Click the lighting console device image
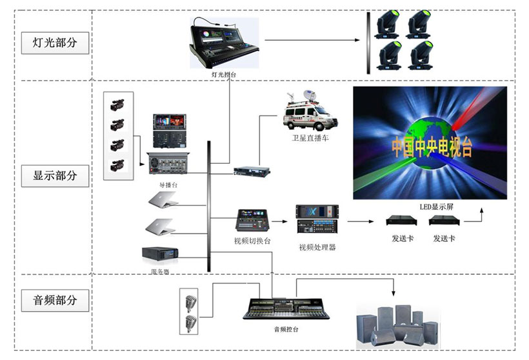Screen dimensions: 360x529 click(x=223, y=42)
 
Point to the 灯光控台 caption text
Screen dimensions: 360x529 click(x=224, y=75)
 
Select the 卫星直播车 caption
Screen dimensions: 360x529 click(x=310, y=138)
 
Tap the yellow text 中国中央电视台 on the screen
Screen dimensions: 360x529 click(x=431, y=147)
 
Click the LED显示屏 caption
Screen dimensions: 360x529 click(x=434, y=206)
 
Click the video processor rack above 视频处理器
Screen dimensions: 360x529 click(x=317, y=221)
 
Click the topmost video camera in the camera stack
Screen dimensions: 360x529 click(x=117, y=105)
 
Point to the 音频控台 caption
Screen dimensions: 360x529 click(x=286, y=329)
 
